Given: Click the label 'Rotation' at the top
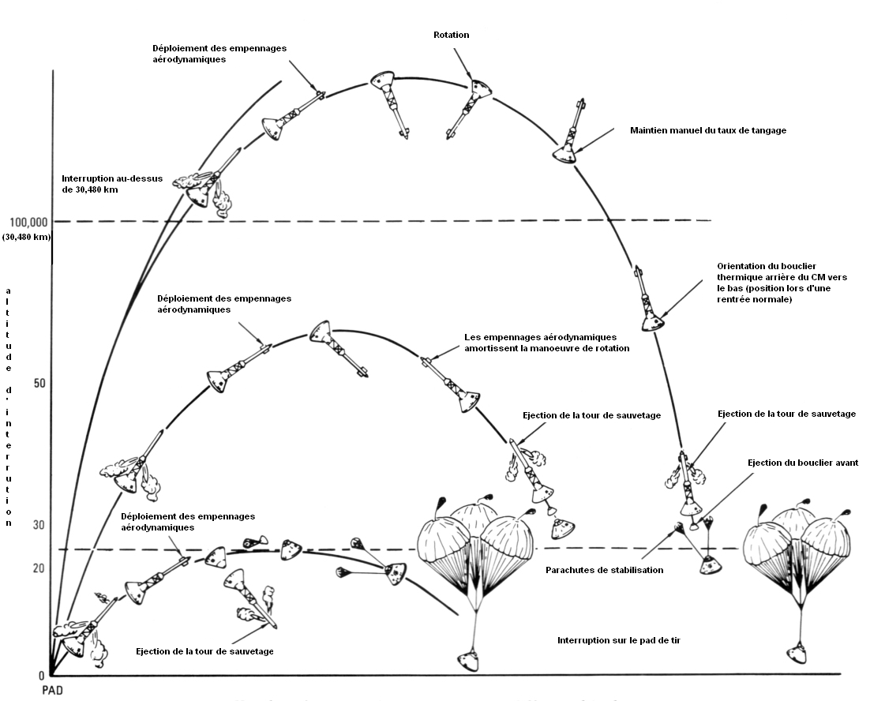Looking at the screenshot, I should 451,35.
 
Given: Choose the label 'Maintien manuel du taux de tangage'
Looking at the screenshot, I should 708,130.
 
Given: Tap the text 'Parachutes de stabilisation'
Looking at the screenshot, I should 604,570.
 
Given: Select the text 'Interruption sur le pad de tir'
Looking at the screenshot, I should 618,640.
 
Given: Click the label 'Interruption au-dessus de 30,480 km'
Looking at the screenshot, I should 111,184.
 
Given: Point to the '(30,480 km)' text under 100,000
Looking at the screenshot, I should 26,237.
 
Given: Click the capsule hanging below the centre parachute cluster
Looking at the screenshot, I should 470,660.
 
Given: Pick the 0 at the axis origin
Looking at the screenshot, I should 40,676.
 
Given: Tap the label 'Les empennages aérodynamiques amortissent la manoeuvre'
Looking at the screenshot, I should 547,343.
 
